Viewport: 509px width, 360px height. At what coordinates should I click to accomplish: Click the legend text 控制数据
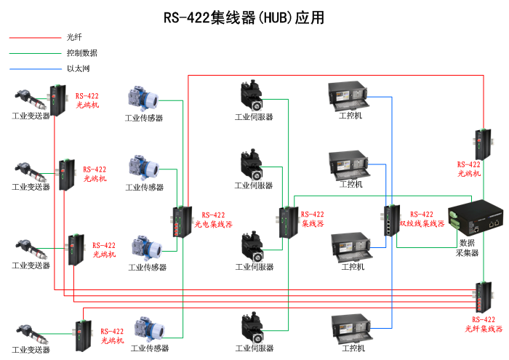click(81, 53)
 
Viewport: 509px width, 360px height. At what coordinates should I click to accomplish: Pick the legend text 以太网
click(78, 69)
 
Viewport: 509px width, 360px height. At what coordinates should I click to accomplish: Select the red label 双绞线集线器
click(422, 224)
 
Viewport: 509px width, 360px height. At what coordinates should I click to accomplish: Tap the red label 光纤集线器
click(484, 329)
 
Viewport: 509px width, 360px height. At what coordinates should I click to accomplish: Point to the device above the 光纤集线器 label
click(482, 295)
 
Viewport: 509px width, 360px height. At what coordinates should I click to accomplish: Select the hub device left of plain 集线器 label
click(285, 222)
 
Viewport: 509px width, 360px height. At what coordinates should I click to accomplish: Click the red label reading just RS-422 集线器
click(313, 219)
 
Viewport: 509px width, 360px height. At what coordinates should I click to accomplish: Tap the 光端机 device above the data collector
click(481, 144)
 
